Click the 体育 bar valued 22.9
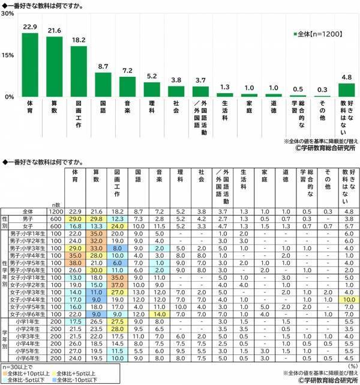tap(30, 65)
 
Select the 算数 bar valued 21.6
tap(55, 67)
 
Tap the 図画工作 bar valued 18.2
tap(79, 71)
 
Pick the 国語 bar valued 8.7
tap(103, 85)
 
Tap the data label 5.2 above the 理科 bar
tap(152, 77)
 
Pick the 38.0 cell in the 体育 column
tap(75, 262)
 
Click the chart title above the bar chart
tap(42, 5)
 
